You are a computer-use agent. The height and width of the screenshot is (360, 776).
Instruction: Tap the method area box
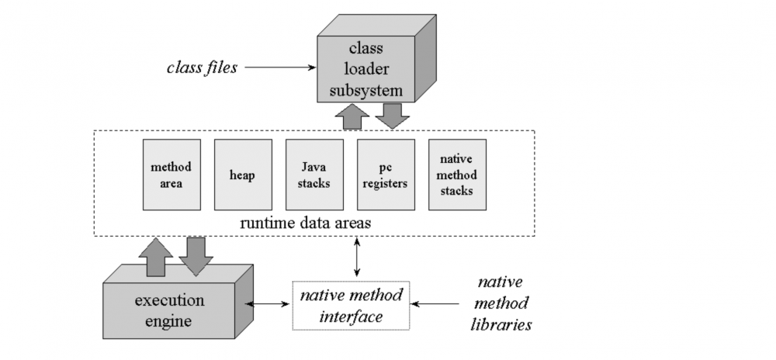171,175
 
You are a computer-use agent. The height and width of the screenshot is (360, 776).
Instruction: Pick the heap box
243,175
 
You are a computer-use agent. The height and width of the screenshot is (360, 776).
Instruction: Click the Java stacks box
314,175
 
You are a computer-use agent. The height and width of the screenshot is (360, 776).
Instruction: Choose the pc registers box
386,175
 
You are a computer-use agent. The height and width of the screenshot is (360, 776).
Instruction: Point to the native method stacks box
457,175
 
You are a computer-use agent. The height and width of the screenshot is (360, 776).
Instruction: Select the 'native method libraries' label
501,303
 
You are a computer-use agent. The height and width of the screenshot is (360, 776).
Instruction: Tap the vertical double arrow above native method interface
356,257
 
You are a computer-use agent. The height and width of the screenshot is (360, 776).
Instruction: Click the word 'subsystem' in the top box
365,90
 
